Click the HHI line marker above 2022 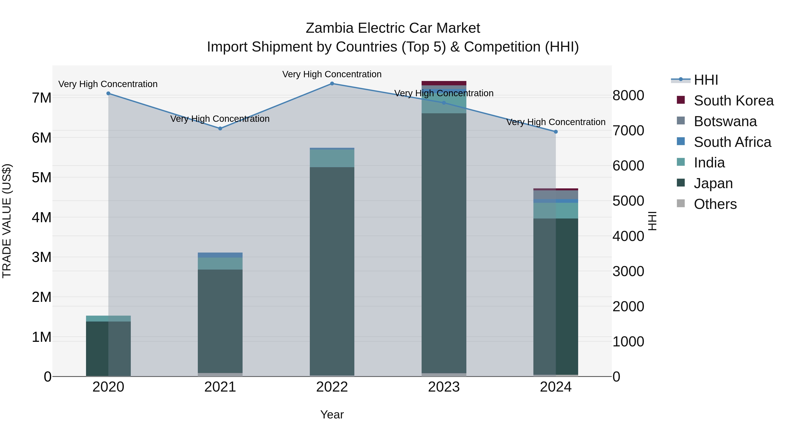(332, 84)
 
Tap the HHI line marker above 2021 (220, 128)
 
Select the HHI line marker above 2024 (556, 132)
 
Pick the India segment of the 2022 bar (332, 158)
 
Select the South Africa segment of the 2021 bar (220, 255)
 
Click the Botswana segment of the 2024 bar (556, 195)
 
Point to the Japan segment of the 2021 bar (220, 320)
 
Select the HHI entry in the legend (706, 80)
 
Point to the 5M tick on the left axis (41, 177)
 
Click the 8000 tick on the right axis (628, 95)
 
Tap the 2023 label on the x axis (444, 387)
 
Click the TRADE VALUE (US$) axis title (7, 221)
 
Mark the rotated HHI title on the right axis (652, 221)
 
